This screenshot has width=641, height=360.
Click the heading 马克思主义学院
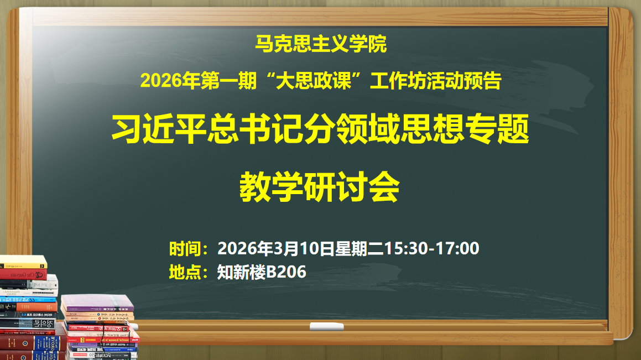click(321, 44)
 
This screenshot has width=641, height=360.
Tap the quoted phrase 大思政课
click(314, 81)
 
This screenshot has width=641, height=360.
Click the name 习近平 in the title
click(159, 129)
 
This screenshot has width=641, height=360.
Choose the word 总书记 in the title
click(255, 129)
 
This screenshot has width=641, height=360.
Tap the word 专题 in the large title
click(498, 129)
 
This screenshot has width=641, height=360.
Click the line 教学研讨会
click(320, 187)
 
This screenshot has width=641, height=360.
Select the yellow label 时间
click(185, 248)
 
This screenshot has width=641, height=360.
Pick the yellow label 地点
click(185, 272)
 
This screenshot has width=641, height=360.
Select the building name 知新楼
click(242, 272)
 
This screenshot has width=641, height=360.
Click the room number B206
click(286, 272)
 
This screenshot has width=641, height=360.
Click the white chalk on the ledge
click(327, 326)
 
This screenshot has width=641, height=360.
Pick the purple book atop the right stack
click(97, 303)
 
